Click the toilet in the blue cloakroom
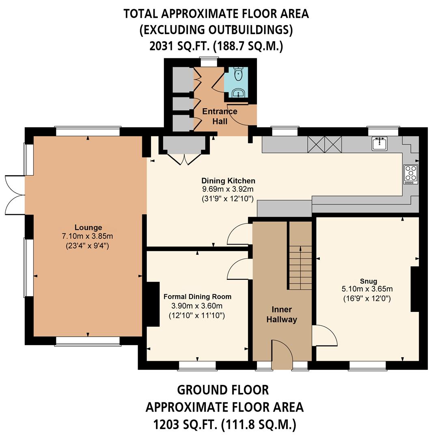click(238, 74)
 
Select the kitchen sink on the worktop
click(380, 143)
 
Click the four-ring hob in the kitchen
click(411, 174)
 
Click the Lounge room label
click(88, 228)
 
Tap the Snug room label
click(368, 281)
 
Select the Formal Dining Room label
click(197, 297)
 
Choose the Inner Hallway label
click(282, 314)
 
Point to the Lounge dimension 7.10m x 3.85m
click(88, 236)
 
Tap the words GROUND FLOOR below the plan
click(223, 390)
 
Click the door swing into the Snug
click(325, 335)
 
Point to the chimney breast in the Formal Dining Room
click(153, 304)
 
